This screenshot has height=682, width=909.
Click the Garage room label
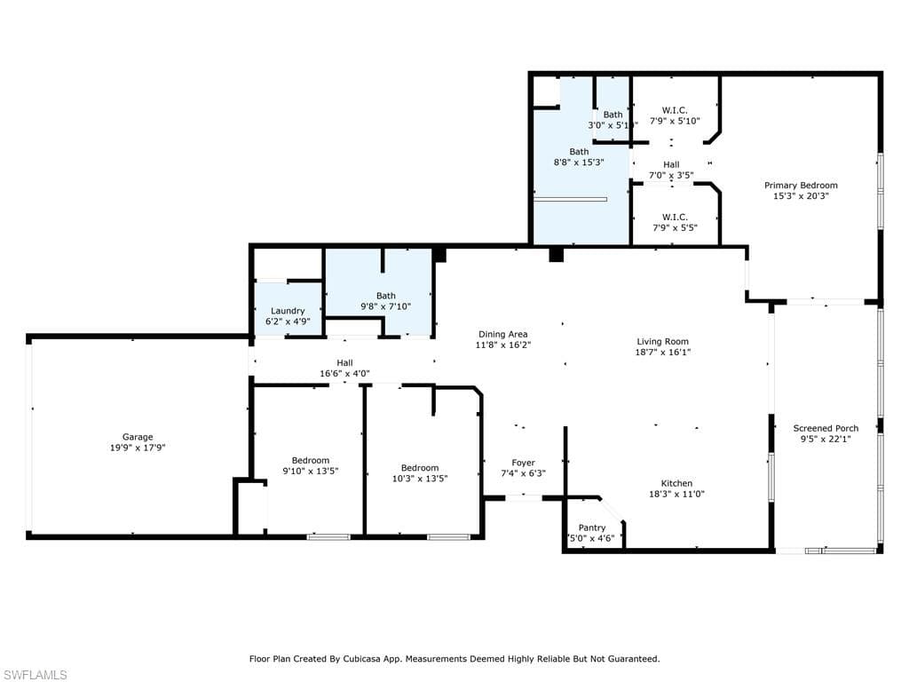[138, 437]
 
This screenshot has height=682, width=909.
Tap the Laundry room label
[288, 311]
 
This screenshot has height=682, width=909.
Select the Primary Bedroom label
[801, 186]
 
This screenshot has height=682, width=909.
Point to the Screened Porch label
[826, 429]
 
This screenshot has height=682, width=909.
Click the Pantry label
[592, 527]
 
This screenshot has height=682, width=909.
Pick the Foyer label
[523, 463]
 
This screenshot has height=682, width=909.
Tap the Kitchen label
[676, 484]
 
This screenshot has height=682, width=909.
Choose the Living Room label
[662, 342]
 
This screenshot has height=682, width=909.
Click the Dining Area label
[502, 334]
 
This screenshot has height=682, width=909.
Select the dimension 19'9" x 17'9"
[138, 448]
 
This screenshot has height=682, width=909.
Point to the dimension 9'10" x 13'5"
[310, 471]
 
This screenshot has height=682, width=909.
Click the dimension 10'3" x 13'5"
[420, 479]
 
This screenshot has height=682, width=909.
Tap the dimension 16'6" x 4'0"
[345, 374]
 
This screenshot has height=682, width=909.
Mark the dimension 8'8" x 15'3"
[579, 163]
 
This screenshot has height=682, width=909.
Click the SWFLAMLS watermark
[35, 675]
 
